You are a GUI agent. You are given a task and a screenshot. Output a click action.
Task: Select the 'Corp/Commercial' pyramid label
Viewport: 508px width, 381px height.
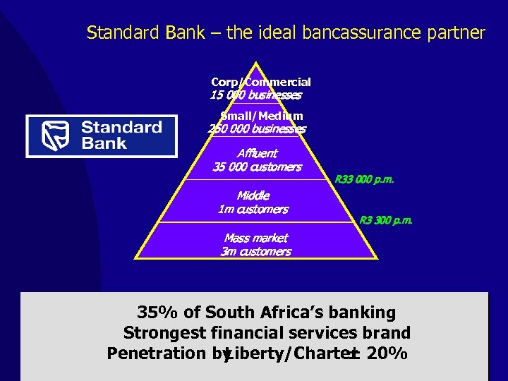(260, 83)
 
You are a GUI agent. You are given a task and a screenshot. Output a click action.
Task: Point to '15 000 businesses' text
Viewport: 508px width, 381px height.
(256, 95)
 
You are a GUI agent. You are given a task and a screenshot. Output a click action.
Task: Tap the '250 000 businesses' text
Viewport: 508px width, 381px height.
(257, 129)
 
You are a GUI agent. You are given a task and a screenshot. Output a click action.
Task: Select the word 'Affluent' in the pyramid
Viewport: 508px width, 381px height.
(257, 153)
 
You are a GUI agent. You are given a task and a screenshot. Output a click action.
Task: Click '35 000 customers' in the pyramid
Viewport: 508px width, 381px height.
(257, 167)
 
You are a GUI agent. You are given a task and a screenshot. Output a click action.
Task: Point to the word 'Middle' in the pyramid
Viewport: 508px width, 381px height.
(253, 195)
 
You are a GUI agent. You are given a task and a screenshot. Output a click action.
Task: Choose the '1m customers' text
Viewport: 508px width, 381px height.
(253, 210)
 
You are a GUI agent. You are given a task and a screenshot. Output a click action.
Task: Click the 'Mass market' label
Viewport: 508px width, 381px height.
(255, 238)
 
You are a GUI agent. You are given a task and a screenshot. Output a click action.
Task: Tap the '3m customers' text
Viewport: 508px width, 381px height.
(255, 252)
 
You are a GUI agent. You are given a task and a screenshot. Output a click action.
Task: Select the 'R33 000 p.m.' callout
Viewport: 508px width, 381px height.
(364, 180)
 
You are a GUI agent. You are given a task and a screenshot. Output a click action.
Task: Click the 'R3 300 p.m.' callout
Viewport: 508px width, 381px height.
(386, 221)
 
